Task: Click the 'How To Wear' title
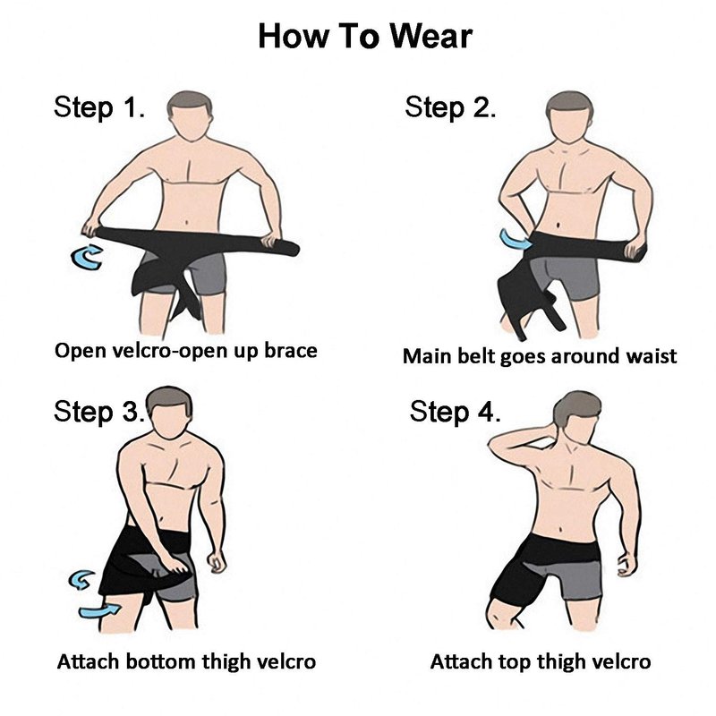coord(365,36)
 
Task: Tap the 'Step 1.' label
coord(99,107)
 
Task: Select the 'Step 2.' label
coord(450,107)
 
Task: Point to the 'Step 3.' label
coord(99,411)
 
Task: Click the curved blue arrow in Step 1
coord(87,257)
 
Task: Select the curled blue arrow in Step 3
coord(81,580)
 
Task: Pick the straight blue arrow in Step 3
coord(99,610)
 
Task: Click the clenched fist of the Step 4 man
coord(626,565)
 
